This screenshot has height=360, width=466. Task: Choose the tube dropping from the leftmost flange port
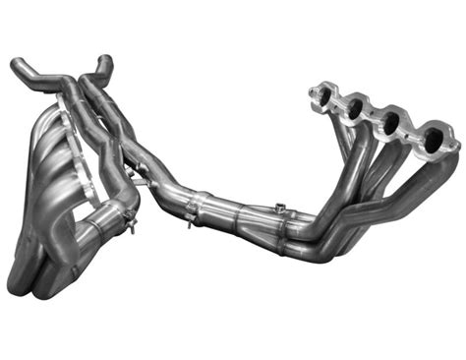(x=329, y=148)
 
